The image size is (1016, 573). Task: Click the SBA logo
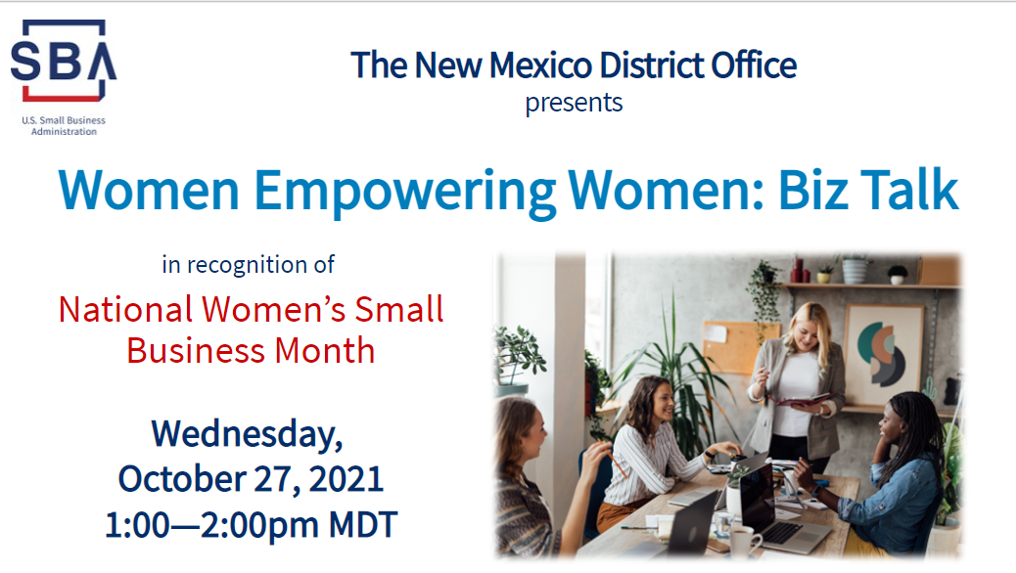click(x=64, y=61)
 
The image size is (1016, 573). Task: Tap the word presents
click(x=574, y=104)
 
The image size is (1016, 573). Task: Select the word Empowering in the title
click(x=404, y=192)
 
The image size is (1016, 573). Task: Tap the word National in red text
click(x=125, y=310)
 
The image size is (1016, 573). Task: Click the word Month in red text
click(x=325, y=352)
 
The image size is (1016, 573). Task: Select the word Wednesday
click(x=247, y=434)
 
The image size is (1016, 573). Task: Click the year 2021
click(x=346, y=479)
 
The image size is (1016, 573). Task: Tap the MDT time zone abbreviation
click(x=362, y=525)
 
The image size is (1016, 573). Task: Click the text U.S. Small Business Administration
click(x=64, y=125)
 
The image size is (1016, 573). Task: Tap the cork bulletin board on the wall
click(x=733, y=346)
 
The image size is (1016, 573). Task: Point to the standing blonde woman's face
click(x=806, y=331)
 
